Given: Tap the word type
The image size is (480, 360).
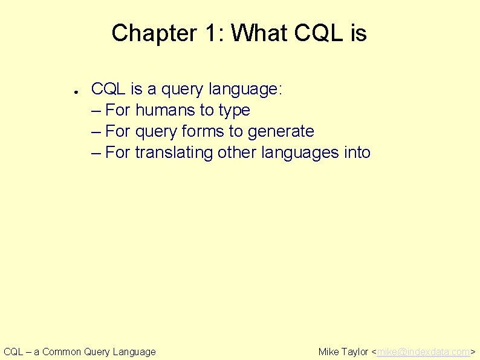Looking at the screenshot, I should (234, 111).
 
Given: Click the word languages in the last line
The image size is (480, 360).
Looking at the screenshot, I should (298, 153).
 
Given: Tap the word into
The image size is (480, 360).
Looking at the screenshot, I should (357, 152).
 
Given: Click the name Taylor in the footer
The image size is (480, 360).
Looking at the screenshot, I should (355, 352).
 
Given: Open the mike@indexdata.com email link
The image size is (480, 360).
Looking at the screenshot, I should (423, 352).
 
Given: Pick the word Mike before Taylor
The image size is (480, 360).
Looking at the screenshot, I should (328, 352).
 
